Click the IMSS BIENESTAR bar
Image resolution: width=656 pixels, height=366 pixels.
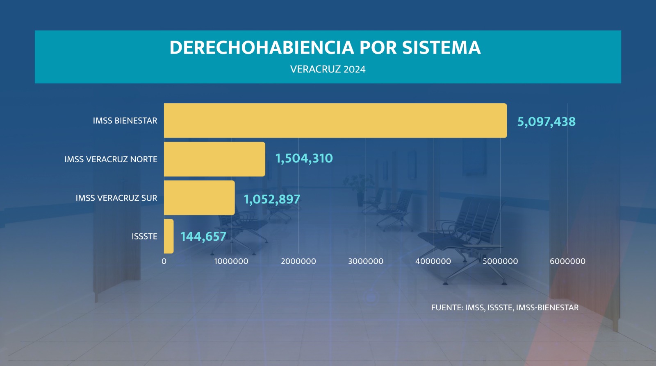(x=335, y=120)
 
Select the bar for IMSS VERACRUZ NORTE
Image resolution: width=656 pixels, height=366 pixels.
(x=214, y=159)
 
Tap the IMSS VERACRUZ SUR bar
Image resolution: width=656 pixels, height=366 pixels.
(x=199, y=198)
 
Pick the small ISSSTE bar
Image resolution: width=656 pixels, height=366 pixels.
(x=169, y=236)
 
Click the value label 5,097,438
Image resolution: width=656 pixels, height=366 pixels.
(x=546, y=122)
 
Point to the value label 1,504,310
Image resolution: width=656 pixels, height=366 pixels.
(x=304, y=158)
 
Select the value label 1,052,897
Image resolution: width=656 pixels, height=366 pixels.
(x=272, y=199)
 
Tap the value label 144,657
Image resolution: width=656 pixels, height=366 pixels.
(x=203, y=237)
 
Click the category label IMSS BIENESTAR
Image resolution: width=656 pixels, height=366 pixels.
(x=125, y=121)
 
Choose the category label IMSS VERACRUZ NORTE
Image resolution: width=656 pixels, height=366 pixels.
(x=111, y=159)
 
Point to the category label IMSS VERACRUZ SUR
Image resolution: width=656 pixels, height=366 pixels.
(x=116, y=198)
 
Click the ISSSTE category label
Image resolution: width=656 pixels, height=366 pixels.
(x=144, y=237)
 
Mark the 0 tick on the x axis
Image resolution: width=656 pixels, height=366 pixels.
(x=164, y=261)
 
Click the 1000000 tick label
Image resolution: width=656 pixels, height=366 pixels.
(x=231, y=261)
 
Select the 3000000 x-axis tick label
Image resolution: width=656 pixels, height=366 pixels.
(x=366, y=261)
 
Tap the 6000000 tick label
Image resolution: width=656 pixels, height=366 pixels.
(x=567, y=261)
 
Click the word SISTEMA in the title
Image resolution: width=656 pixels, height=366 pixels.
(x=441, y=47)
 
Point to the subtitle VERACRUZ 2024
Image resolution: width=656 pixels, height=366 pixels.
(x=328, y=69)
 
